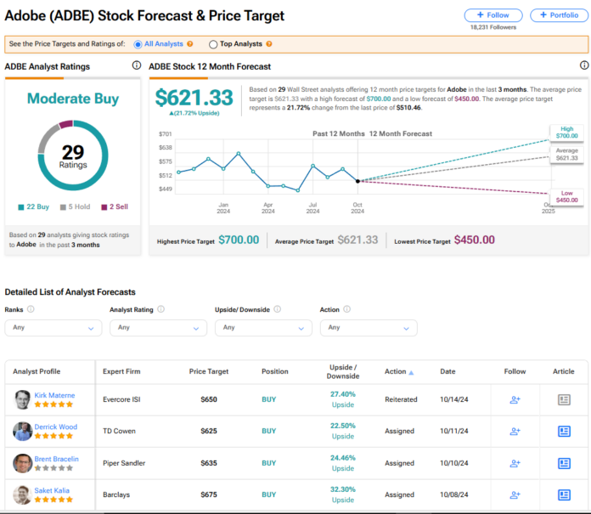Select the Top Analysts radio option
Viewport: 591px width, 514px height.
(213, 44)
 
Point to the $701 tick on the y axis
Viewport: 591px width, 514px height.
(165, 134)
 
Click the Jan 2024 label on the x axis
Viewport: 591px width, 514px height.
(223, 207)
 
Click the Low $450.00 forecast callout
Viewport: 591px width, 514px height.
(566, 197)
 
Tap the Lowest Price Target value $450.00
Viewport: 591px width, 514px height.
(474, 240)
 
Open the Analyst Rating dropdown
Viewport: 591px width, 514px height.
(158, 327)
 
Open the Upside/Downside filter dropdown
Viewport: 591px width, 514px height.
(262, 327)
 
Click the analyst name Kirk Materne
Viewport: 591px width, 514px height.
(55, 395)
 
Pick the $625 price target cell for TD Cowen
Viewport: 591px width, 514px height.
(208, 431)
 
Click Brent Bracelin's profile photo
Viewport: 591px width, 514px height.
(23, 463)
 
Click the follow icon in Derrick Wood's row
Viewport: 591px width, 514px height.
(515, 431)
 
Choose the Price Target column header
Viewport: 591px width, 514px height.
(208, 371)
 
